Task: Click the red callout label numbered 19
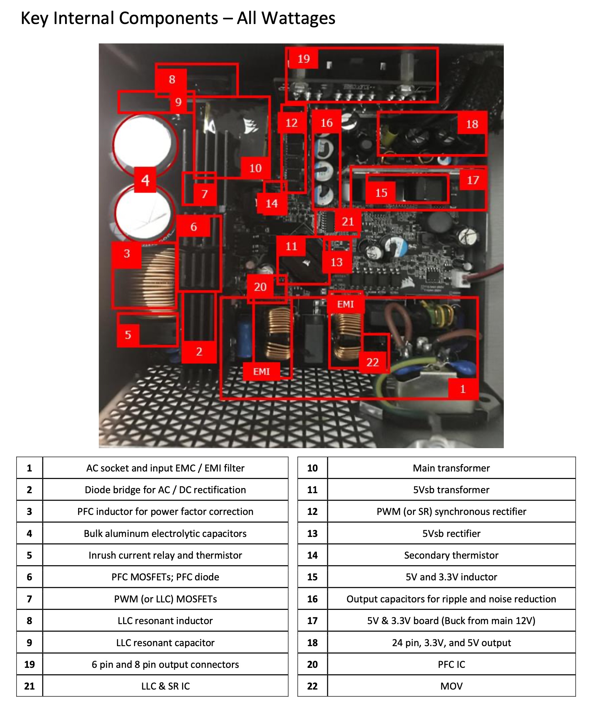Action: tap(304, 59)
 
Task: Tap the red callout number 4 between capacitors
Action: tap(145, 180)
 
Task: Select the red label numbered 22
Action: tap(373, 362)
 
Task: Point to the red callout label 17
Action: tap(473, 180)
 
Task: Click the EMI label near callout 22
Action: tap(345, 304)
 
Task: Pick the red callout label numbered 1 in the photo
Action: tap(463, 389)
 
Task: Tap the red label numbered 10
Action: tap(256, 168)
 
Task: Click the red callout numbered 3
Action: tap(127, 253)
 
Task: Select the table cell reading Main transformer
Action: tap(451, 468)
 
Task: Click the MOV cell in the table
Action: tap(451, 686)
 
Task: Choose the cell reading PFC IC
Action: tap(451, 664)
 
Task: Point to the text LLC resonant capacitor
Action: tap(165, 643)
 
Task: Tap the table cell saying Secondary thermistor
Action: tap(451, 555)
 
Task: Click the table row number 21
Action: tap(29, 686)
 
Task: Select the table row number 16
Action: tap(312, 599)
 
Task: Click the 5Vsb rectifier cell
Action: tap(451, 533)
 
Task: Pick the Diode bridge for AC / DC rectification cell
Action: tap(165, 490)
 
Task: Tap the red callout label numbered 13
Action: tap(337, 262)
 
